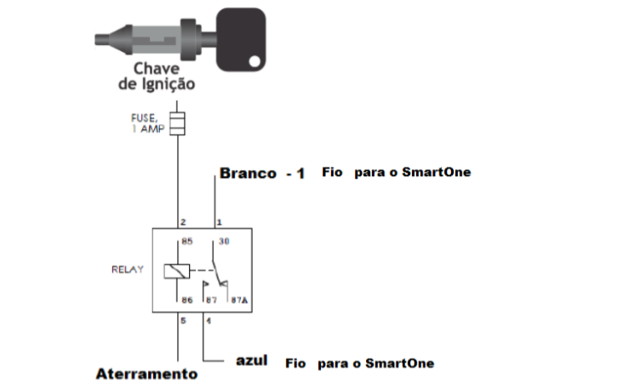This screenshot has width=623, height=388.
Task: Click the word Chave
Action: point(154,69)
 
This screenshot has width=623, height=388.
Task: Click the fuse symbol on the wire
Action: point(177,124)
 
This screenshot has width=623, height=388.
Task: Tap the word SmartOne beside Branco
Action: point(436,172)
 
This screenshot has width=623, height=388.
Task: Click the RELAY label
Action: point(127,270)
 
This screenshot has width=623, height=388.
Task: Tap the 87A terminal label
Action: point(240,300)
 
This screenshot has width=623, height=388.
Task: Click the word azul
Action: point(251,361)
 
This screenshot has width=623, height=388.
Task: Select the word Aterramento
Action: point(146,374)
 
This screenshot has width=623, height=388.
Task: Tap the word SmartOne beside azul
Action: point(399,363)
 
